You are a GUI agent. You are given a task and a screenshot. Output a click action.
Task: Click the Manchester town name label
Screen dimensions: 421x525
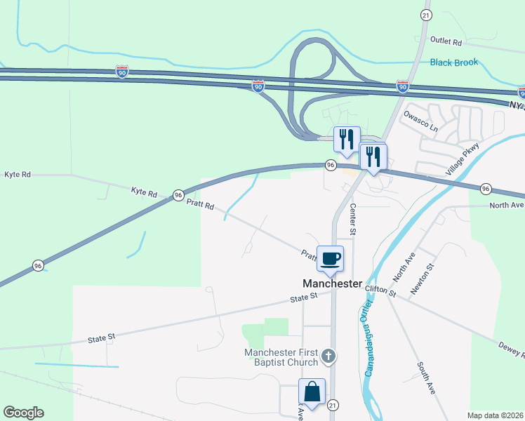pos(332,284)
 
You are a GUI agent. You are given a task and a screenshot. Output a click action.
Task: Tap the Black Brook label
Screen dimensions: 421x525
pos(454,62)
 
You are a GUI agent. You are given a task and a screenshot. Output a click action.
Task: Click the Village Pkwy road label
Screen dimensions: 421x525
pos(462,159)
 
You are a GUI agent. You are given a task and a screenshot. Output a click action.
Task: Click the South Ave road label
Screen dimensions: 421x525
pos(426,377)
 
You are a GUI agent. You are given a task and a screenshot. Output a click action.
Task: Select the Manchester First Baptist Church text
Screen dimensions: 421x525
pos(281,358)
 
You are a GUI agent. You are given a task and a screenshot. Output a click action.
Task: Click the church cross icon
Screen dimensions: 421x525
pos(328,359)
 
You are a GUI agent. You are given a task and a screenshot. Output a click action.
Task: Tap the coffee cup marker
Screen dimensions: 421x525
pos(330,258)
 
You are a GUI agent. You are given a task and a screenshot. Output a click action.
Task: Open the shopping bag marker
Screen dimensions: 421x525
pos(312,392)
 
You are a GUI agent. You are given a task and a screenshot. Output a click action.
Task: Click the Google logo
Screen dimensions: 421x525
pos(23,413)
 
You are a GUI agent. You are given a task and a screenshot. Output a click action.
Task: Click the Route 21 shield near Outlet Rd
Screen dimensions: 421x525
pos(426,15)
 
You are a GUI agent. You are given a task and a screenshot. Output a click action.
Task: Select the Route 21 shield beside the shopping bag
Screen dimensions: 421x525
pos(333,405)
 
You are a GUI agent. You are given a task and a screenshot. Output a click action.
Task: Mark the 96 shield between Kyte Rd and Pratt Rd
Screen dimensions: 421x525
pos(178,194)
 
